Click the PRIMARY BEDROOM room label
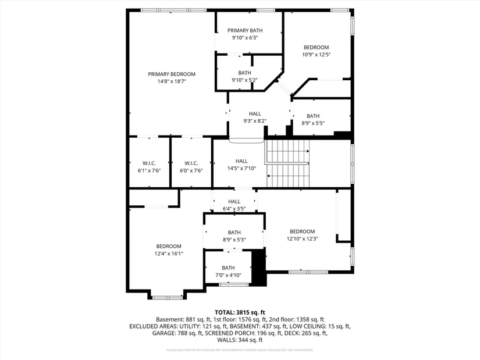(x=172, y=74)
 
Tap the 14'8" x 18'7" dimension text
(x=172, y=81)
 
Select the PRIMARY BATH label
(x=245, y=30)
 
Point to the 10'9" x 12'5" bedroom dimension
(x=316, y=55)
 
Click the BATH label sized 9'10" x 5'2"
(x=244, y=73)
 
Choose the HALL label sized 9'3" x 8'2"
(x=255, y=113)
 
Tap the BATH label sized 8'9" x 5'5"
(x=313, y=116)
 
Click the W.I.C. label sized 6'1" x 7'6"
(x=149, y=163)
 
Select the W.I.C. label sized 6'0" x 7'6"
(x=191, y=163)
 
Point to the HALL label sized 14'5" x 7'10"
(x=241, y=161)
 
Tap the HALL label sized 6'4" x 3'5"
(x=234, y=201)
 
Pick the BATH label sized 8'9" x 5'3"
(x=234, y=232)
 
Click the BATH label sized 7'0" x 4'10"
(x=228, y=268)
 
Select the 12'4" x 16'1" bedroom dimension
(x=169, y=254)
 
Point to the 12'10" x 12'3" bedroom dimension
(x=302, y=238)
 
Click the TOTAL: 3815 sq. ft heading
(x=240, y=312)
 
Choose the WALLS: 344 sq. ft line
(x=240, y=340)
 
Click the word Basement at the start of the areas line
(x=169, y=319)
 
